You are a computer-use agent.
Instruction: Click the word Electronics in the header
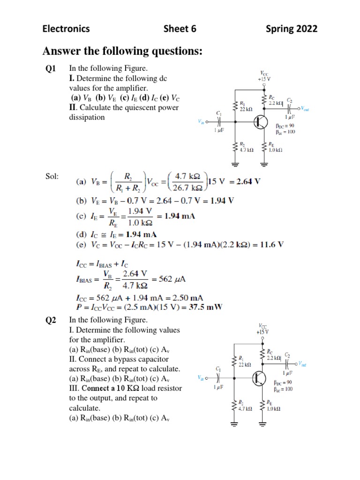tap(66, 29)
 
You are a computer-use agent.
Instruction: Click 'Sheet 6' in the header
tap(180, 29)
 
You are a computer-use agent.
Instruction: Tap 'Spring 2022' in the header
tap(291, 29)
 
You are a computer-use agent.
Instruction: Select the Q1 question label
tap(51, 69)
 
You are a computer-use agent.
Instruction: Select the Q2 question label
tap(51, 320)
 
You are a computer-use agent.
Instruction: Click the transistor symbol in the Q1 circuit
tap(261, 122)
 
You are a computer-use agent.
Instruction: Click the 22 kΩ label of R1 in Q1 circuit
tap(246, 109)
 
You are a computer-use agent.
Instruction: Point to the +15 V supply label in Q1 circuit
tap(264, 79)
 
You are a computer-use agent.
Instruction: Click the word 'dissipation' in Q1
tap(87, 117)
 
